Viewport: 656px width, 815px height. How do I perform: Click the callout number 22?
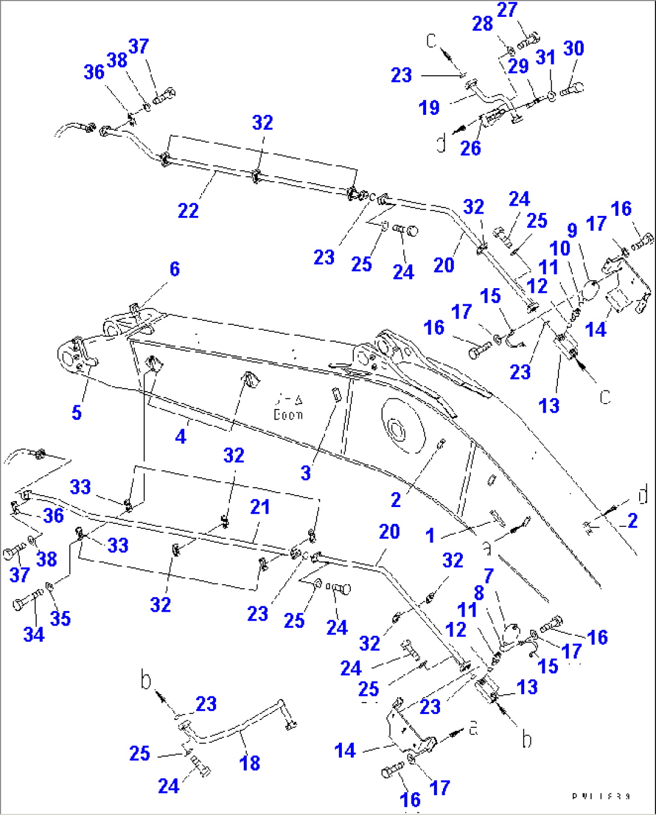pyautogui.click(x=188, y=211)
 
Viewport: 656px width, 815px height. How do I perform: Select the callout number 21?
pyautogui.click(x=259, y=507)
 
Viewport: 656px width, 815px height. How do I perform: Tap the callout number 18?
pyautogui.click(x=250, y=763)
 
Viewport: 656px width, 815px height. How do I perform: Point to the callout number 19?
pyautogui.click(x=429, y=108)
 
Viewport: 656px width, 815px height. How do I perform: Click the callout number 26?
pyautogui.click(x=470, y=148)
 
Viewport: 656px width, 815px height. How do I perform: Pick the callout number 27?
pyautogui.click(x=507, y=10)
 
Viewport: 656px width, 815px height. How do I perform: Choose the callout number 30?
pyautogui.click(x=573, y=48)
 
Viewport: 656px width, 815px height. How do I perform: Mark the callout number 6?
pyautogui.click(x=175, y=269)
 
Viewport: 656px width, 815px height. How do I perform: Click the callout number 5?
pyautogui.click(x=76, y=413)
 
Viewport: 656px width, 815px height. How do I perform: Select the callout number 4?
pyautogui.click(x=181, y=437)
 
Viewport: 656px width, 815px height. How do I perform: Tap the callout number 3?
pyautogui.click(x=306, y=473)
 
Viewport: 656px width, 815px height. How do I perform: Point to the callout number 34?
pyautogui.click(x=34, y=634)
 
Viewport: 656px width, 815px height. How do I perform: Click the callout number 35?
pyautogui.click(x=60, y=618)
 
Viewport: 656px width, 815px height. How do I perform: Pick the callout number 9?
pyautogui.click(x=572, y=230)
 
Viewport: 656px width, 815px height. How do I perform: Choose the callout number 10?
pyautogui.click(x=560, y=248)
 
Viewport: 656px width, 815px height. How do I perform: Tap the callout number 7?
pyautogui.click(x=488, y=576)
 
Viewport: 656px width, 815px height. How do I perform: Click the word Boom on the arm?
pyautogui.click(x=288, y=415)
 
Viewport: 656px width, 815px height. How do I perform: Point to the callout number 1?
pyautogui.click(x=430, y=535)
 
